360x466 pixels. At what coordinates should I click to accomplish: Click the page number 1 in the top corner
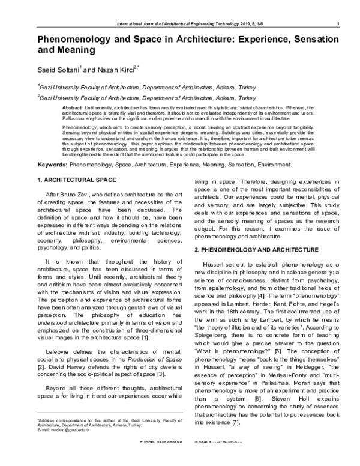pos(340,23)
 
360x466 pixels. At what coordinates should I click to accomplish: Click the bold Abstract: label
pos(73,107)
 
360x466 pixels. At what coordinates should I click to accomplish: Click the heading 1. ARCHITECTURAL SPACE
pos(76,181)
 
